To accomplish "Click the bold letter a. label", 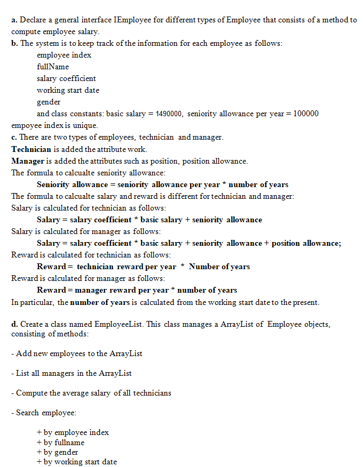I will pyautogui.click(x=14, y=20).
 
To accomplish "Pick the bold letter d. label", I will pyautogui.click(x=14, y=324).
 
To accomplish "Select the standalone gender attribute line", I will pyautogui.click(x=49, y=102).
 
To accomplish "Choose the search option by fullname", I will pyautogui.click(x=64, y=442).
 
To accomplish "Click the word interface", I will pyautogui.click(x=94, y=20).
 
